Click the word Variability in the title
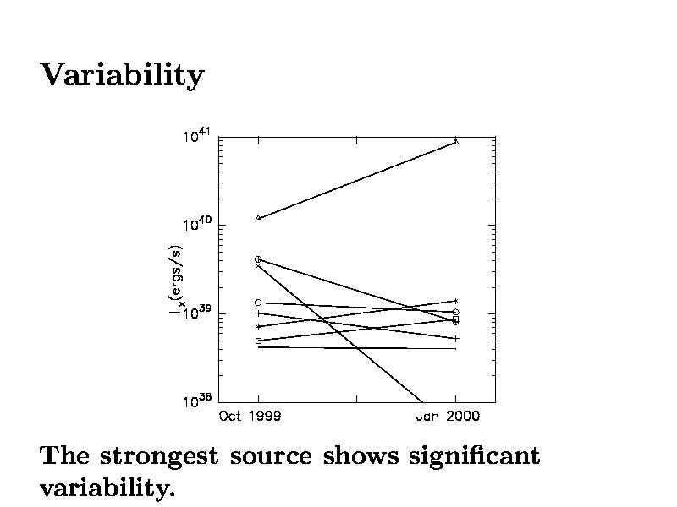(x=122, y=76)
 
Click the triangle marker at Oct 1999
(x=258, y=219)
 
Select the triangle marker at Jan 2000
(x=456, y=141)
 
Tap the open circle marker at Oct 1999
(x=258, y=303)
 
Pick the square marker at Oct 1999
(x=258, y=341)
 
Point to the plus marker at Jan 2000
(x=456, y=339)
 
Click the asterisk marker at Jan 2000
(x=456, y=301)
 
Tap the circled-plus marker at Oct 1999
(x=258, y=259)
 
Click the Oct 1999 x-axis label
(x=250, y=416)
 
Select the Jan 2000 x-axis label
(x=449, y=416)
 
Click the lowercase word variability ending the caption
(x=107, y=488)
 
